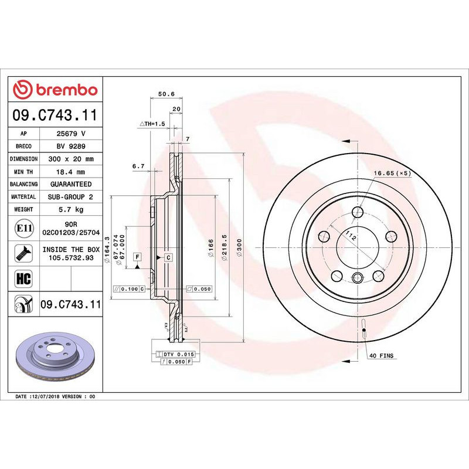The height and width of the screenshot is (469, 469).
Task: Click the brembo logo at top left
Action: (56, 90)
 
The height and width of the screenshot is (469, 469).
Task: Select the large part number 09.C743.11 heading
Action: (56, 116)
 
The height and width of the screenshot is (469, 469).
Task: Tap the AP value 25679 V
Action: (71, 134)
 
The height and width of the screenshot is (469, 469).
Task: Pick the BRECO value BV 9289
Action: (71, 147)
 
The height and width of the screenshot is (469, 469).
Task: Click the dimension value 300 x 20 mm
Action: (71, 159)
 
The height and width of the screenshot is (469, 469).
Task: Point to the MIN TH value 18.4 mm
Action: (71, 172)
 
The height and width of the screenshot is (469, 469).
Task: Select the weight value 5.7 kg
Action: (71, 209)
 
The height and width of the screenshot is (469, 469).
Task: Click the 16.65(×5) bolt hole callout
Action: (392, 174)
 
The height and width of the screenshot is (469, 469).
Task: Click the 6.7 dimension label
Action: (138, 166)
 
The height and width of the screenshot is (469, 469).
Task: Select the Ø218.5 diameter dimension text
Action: (225, 250)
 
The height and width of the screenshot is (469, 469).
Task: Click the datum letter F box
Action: (137, 257)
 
